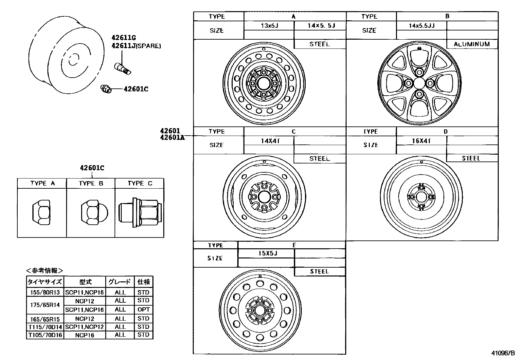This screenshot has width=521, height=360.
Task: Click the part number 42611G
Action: click(x=124, y=37)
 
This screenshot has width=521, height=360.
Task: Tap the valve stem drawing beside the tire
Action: click(x=123, y=69)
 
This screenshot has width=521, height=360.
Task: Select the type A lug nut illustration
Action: click(x=41, y=212)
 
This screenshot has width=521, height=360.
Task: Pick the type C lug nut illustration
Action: click(x=140, y=213)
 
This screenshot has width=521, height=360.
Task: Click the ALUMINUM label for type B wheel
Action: click(x=472, y=44)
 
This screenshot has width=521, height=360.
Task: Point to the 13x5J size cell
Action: click(x=269, y=26)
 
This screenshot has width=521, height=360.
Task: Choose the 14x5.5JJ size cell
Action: click(x=422, y=26)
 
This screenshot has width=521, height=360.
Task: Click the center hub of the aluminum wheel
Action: click(x=419, y=83)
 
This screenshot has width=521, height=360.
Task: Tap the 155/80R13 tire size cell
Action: click(x=45, y=292)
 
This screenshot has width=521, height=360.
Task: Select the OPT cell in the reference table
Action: click(x=144, y=310)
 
